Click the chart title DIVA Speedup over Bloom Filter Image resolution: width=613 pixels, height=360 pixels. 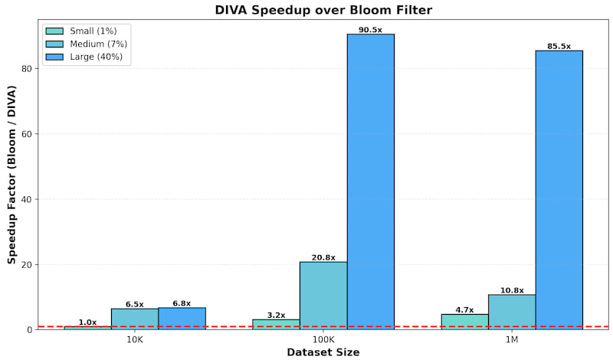(x=323, y=10)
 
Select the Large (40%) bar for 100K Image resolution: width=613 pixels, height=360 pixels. (x=370, y=182)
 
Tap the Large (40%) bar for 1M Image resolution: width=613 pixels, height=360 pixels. (x=559, y=190)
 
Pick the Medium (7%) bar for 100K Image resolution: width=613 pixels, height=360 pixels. (x=323, y=296)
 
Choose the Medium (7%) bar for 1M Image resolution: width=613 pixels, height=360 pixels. (x=512, y=312)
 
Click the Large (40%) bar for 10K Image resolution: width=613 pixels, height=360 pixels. (x=182, y=319)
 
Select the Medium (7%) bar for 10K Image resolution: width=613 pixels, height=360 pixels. (x=135, y=319)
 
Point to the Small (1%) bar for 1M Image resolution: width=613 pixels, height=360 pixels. (x=464, y=322)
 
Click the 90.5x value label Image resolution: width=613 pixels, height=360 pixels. (x=370, y=30)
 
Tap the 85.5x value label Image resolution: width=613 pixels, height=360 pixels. (x=559, y=46)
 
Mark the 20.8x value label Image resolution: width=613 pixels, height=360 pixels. (x=323, y=257)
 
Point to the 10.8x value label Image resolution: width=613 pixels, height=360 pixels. (x=512, y=290)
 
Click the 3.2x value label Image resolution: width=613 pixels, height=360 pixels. (x=276, y=315)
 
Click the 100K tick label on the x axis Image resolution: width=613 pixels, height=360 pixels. (x=323, y=339)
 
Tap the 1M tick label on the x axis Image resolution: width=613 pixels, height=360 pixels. (x=511, y=339)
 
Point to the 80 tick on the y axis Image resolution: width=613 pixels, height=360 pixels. (x=27, y=68)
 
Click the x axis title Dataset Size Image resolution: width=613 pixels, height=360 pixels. (x=323, y=352)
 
